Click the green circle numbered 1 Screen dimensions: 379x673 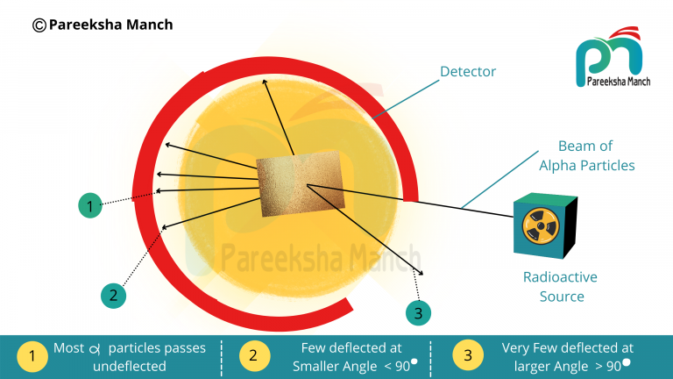89,207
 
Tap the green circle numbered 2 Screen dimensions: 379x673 113,296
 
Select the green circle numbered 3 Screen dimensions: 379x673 419,311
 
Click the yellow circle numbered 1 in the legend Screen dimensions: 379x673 32,356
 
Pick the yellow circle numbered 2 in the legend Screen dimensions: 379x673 253,356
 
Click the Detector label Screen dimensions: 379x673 467,72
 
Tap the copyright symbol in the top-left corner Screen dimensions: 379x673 39,25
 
